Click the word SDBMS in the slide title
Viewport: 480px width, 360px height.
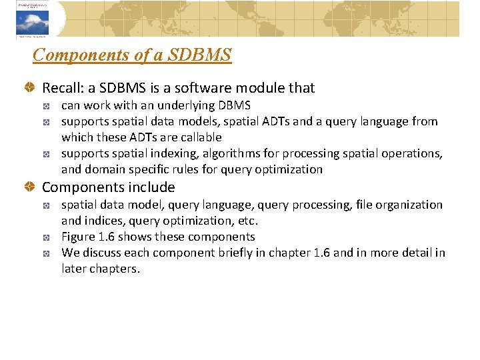pyautogui.click(x=201, y=55)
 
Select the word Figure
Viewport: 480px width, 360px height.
pyautogui.click(x=77, y=237)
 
